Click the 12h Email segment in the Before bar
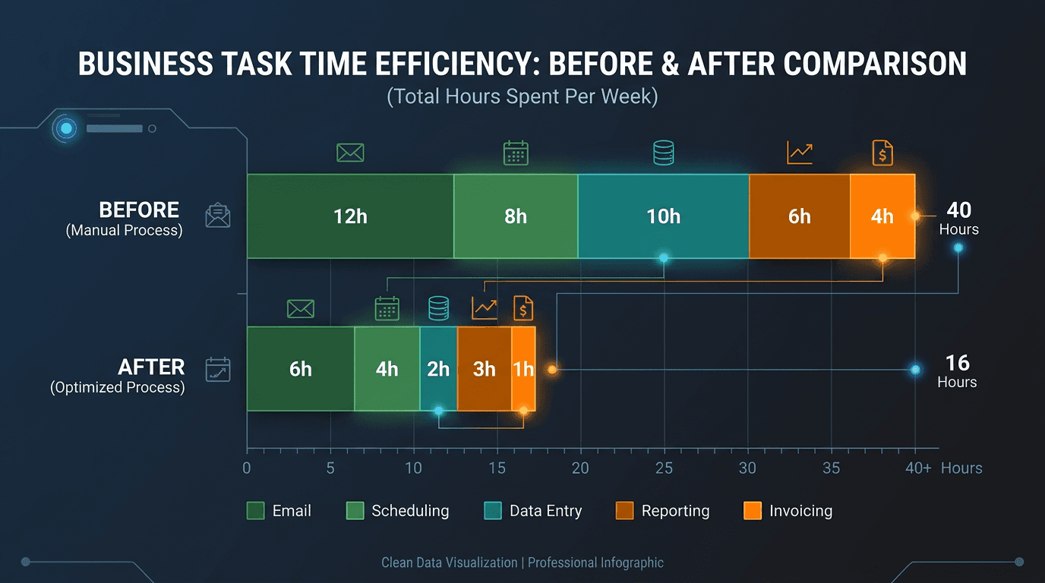tap(350, 216)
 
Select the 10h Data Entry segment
tap(663, 216)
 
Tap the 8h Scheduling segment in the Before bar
tap(516, 216)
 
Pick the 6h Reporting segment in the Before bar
tap(799, 216)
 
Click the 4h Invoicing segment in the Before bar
tap(882, 216)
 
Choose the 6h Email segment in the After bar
tap(301, 369)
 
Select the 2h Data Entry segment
tap(438, 369)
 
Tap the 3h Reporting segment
tap(484, 369)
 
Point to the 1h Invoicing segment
tap(523, 369)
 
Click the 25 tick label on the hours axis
tap(664, 468)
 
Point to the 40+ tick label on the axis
tap(918, 468)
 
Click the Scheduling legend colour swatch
tap(355, 511)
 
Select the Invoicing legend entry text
tap(800, 511)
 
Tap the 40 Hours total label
tap(958, 218)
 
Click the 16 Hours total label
tap(957, 371)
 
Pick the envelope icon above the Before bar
tap(350, 153)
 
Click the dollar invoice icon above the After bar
tap(523, 307)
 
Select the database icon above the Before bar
tap(663, 153)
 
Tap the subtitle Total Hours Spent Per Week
tap(522, 97)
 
